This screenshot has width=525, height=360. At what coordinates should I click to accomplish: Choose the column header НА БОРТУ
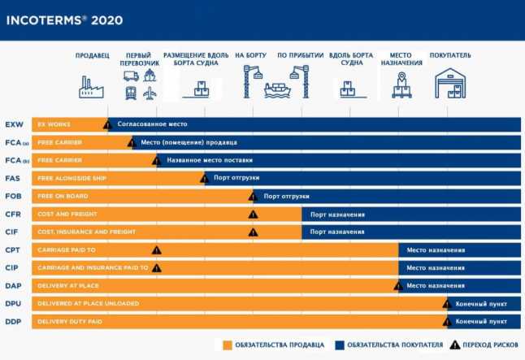pyautogui.click(x=250, y=55)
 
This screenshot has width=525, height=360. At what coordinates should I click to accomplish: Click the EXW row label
pyautogui.click(x=15, y=125)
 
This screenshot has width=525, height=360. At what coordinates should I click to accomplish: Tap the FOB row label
pyautogui.click(x=14, y=197)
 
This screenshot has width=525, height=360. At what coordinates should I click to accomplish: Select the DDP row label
pyautogui.click(x=14, y=322)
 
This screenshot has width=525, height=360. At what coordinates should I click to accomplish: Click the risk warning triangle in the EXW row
pyautogui.click(x=107, y=124)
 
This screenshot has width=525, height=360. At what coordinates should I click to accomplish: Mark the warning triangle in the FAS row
pyautogui.click(x=205, y=178)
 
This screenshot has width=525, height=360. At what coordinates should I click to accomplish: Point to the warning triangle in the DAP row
pyautogui.click(x=398, y=285)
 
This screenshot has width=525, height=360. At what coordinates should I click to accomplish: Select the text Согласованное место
pyautogui.click(x=153, y=124)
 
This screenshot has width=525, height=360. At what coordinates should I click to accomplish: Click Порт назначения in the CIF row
pyautogui.click(x=337, y=232)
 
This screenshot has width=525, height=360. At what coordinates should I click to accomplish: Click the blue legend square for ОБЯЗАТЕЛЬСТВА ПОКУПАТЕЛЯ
pyautogui.click(x=338, y=344)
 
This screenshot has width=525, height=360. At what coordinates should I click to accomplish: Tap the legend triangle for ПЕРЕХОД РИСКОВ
pyautogui.click(x=455, y=344)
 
